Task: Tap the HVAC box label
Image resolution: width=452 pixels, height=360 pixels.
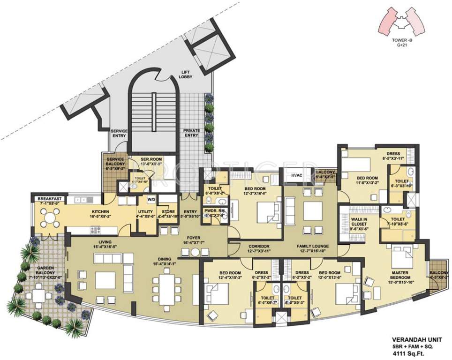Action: [x=296, y=175]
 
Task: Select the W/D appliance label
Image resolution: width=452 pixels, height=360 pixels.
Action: [x=151, y=200]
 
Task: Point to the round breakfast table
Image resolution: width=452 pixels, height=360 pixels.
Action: [x=50, y=217]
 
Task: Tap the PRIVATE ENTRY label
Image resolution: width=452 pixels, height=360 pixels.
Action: [x=191, y=133]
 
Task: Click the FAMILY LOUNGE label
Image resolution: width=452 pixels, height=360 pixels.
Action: [x=312, y=246]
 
